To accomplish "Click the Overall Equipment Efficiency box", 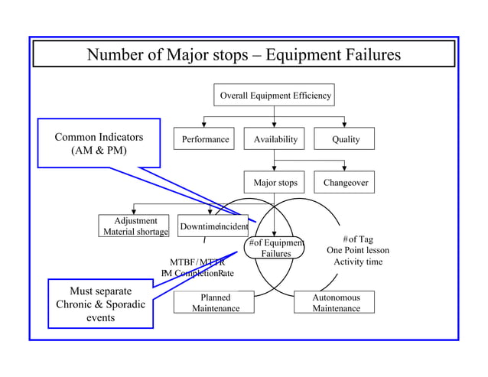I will tap(275, 96).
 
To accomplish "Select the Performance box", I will tap(205, 139).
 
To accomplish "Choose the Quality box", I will tap(346, 139).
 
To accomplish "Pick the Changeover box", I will tap(346, 183).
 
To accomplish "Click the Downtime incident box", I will tap(213, 227).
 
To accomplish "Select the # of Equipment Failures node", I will tap(275, 249).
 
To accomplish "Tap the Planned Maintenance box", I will tap(215, 303).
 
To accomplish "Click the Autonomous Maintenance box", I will tap(336, 303).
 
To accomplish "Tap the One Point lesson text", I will tap(358, 250).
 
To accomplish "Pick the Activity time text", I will tap(358, 262).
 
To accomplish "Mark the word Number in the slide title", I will tap(115, 56).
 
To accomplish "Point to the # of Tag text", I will tap(358, 239).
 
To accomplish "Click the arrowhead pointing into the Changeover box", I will tap(346, 168).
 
